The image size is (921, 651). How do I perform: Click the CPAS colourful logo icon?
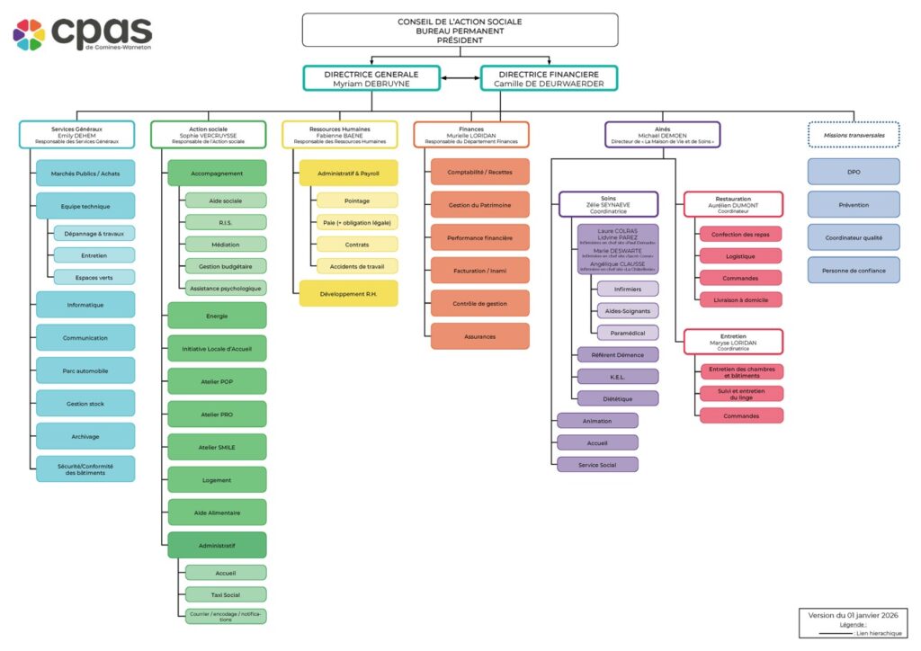click(x=29, y=34)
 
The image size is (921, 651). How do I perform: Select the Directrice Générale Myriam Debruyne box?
click(x=371, y=78)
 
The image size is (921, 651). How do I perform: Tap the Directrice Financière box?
click(x=549, y=78)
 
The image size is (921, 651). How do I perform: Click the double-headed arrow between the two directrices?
click(x=460, y=78)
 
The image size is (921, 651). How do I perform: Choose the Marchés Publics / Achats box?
click(x=85, y=173)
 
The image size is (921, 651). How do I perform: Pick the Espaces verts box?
click(x=94, y=277)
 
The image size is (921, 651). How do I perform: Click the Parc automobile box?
click(x=85, y=370)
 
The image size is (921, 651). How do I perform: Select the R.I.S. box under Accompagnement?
click(x=226, y=221)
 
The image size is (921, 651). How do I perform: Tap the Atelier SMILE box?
click(x=217, y=447)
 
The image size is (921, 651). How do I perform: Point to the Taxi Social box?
click(x=226, y=594)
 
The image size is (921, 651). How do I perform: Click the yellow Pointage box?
click(x=356, y=201)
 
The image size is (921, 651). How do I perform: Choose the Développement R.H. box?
click(x=348, y=293)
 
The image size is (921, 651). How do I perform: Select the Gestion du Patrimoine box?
click(x=479, y=205)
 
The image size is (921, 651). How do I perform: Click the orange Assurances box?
click(x=479, y=336)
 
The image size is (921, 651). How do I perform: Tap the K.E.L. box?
click(x=617, y=377)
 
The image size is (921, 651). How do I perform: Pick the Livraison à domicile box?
click(x=740, y=299)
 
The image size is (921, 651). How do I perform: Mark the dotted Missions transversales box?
click(x=854, y=135)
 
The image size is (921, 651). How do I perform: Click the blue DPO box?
click(x=854, y=172)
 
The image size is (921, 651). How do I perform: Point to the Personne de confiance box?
click(x=854, y=271)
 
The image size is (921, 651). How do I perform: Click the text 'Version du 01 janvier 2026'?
click(x=853, y=615)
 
